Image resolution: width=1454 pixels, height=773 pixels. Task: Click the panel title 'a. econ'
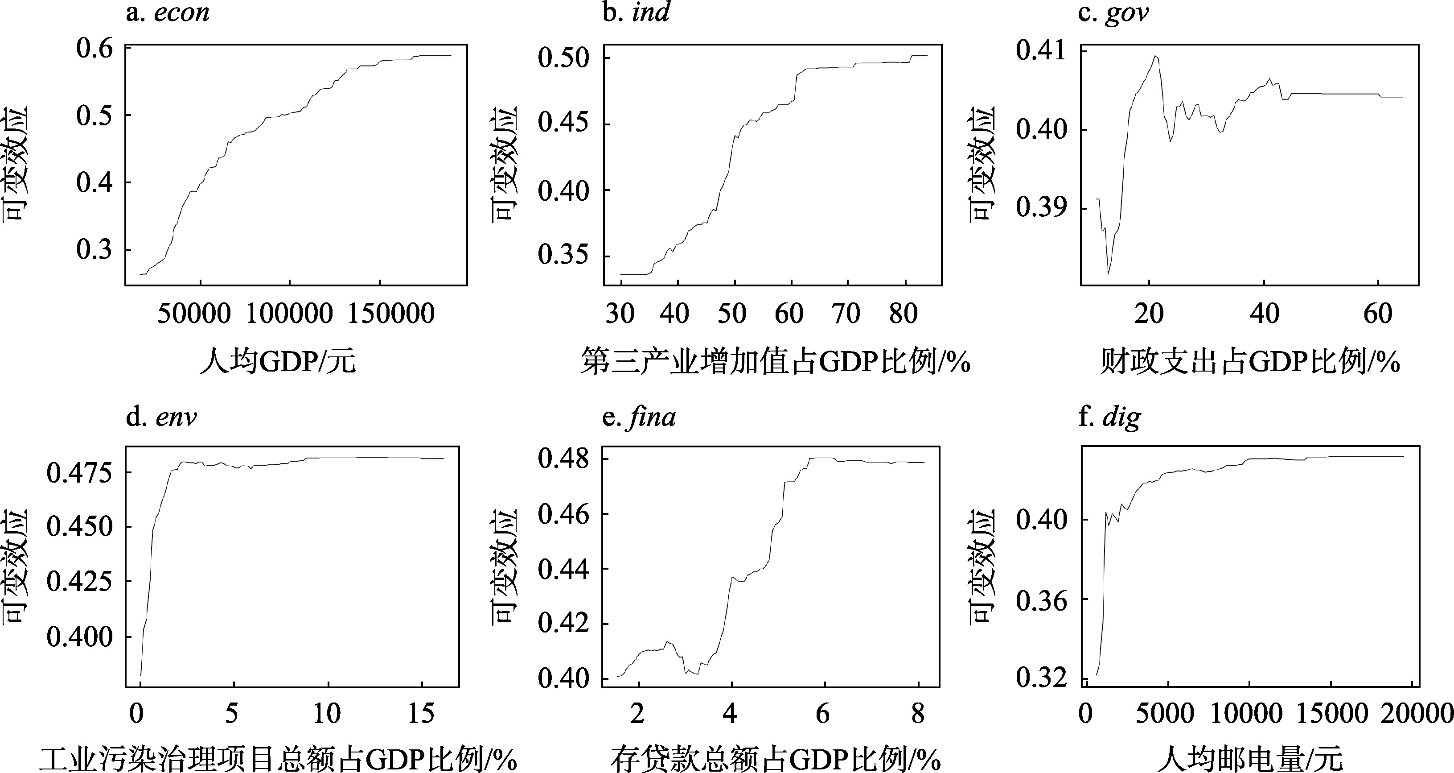coord(168,12)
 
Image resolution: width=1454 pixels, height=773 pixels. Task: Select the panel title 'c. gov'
coord(1113,12)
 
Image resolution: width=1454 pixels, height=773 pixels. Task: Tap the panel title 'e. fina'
coord(639,417)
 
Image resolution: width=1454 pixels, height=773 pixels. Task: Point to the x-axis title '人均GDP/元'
coord(278,361)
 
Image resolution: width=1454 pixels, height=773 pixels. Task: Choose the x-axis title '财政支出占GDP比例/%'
coord(1250,361)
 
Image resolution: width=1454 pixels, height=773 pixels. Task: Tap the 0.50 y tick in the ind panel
coord(563,58)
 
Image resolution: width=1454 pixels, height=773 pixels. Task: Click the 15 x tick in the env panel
coord(421,714)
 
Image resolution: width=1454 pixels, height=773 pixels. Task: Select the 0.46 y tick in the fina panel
coord(563,514)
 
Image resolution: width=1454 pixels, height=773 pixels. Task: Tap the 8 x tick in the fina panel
coord(918,714)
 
